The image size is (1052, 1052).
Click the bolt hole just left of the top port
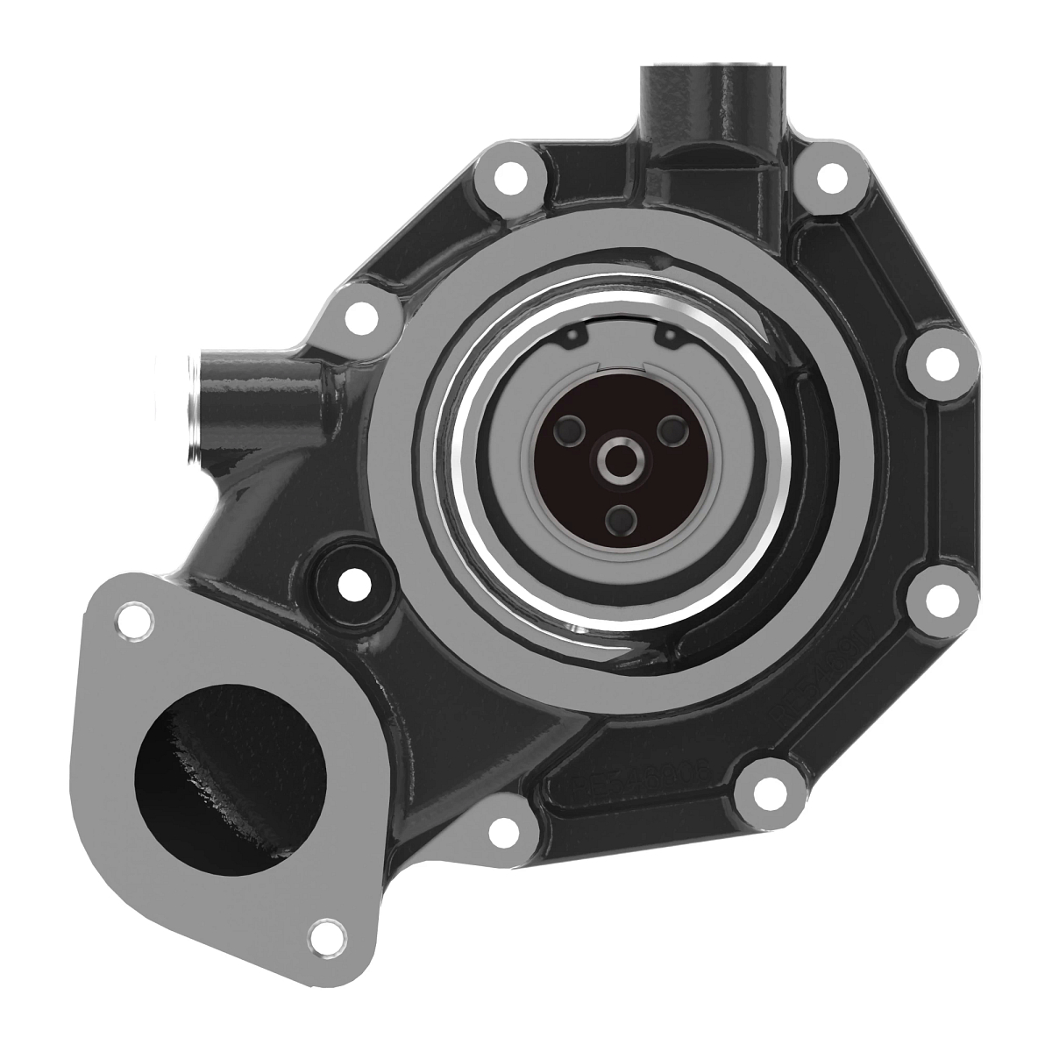(x=509, y=181)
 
